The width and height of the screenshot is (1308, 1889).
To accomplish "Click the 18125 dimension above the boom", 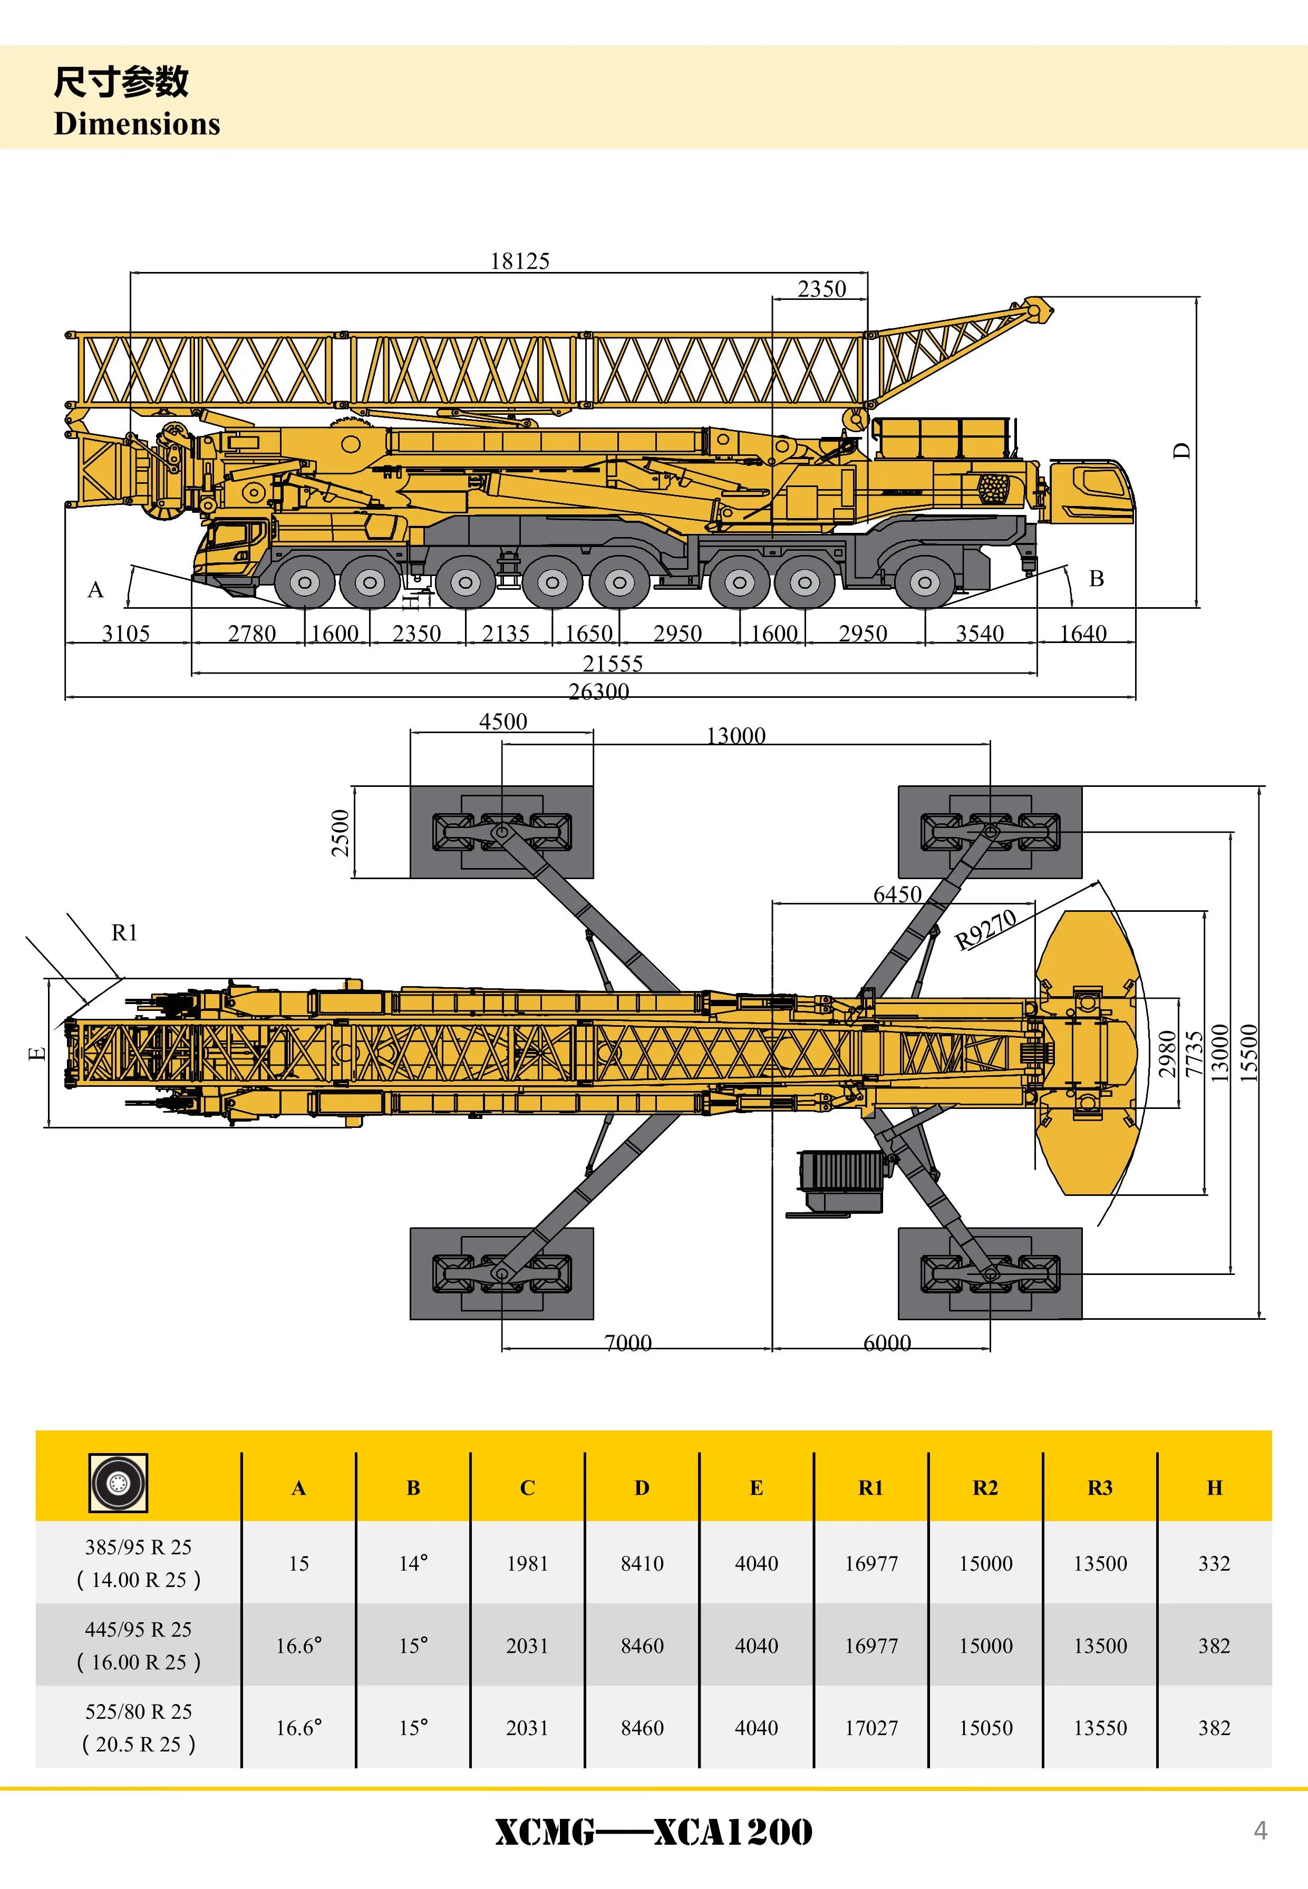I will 520,261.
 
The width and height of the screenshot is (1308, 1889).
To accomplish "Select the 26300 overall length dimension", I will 599,692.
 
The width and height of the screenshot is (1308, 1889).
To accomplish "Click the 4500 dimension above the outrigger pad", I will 502,722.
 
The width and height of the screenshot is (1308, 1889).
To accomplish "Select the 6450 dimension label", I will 897,894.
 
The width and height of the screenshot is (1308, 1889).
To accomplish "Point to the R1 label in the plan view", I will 124,932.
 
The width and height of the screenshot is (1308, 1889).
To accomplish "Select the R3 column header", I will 1100,1487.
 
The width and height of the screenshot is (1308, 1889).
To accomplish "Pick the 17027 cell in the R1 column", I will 871,1728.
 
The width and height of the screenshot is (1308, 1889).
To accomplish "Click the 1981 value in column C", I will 527,1564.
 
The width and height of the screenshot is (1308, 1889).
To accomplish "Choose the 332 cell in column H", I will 1214,1564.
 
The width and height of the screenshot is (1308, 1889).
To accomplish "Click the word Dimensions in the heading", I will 137,124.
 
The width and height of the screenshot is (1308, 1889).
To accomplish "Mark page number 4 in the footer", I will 1261,1831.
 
